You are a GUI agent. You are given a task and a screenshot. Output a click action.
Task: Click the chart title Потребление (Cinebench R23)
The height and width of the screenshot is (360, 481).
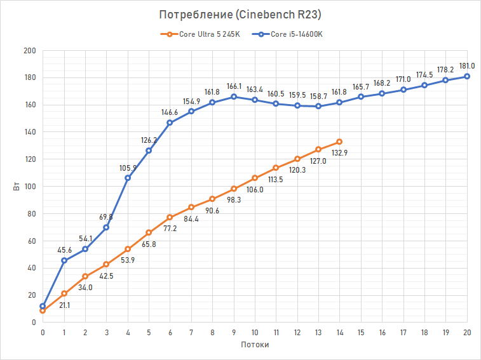pyautogui.click(x=240, y=15)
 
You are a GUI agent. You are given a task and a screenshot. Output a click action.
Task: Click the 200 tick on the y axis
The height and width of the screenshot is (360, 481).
pyautogui.click(x=30, y=51)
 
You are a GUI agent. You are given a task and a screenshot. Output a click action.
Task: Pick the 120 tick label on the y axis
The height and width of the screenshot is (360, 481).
pyautogui.click(x=30, y=159)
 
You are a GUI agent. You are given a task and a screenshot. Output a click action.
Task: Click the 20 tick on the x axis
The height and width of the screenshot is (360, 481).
pyautogui.click(x=467, y=332)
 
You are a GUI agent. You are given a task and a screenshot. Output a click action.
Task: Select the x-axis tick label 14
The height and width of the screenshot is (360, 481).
pyautogui.click(x=339, y=332)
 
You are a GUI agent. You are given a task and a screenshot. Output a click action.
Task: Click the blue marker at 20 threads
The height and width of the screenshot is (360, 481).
pyautogui.click(x=467, y=76)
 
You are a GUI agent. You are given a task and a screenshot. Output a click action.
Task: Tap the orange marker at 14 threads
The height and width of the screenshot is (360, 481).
pyautogui.click(x=339, y=142)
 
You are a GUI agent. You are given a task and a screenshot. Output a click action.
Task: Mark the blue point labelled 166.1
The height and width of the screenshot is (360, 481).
pyautogui.click(x=234, y=97)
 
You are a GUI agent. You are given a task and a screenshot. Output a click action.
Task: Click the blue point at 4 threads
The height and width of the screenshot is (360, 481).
pyautogui.click(x=128, y=178)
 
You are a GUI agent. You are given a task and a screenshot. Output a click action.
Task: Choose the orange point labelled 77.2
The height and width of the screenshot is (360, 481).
pyautogui.click(x=170, y=217)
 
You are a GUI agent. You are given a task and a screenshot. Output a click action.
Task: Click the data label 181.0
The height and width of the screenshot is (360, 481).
pyautogui.click(x=467, y=65)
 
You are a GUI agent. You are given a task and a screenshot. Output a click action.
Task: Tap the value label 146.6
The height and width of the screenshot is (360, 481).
pyautogui.click(x=170, y=111)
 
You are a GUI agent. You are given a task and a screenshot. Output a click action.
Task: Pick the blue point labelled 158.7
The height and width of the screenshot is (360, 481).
pyautogui.click(x=318, y=106)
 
